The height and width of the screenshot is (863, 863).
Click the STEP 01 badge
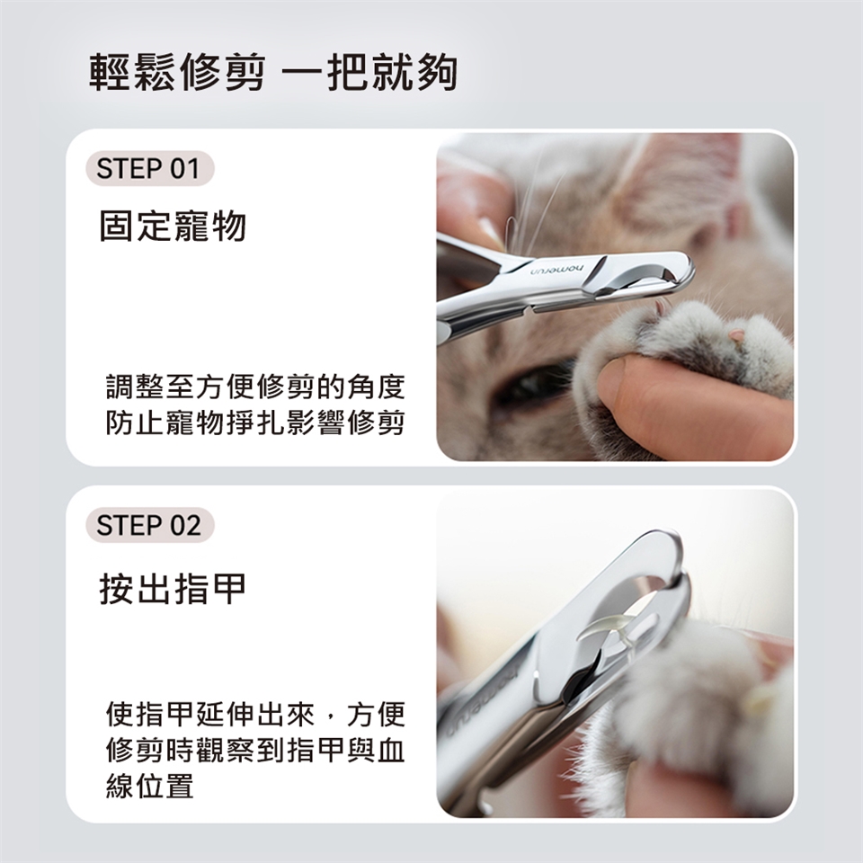(x=150, y=168)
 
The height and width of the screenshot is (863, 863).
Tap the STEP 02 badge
(x=150, y=525)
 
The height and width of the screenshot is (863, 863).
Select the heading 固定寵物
(x=173, y=227)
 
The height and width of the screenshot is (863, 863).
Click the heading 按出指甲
(x=173, y=588)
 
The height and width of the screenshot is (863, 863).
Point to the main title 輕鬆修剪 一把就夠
(x=273, y=72)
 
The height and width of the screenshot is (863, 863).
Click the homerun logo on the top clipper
(x=557, y=271)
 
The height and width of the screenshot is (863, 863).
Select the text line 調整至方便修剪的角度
(x=255, y=387)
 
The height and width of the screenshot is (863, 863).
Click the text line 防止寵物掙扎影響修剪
(x=255, y=423)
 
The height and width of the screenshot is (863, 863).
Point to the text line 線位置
(x=150, y=786)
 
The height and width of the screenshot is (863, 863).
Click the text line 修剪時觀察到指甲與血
(x=255, y=750)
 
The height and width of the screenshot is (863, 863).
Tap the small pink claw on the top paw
(x=735, y=334)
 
